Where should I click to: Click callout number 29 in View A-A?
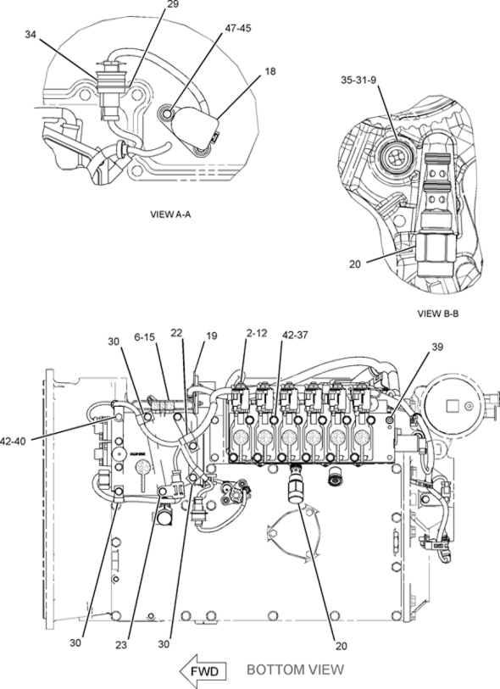point(173,4)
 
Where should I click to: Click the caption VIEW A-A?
point(169,214)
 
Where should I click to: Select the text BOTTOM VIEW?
point(295,670)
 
